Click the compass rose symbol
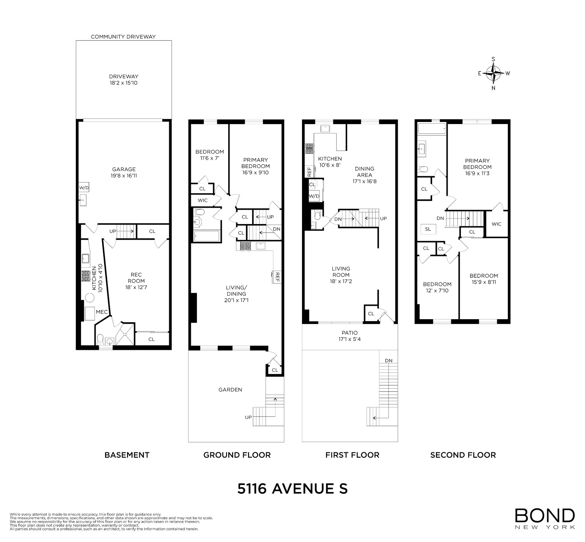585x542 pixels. point(493,73)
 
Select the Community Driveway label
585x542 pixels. point(123,37)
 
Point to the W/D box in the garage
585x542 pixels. point(84,187)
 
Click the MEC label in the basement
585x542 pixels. point(102,312)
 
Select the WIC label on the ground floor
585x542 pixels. point(203,200)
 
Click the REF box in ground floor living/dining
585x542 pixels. point(277,277)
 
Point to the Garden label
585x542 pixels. point(230,390)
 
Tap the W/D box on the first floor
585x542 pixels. point(314,196)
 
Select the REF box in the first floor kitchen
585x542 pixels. point(310,172)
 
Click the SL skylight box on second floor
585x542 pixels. point(428,229)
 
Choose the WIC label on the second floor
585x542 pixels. point(496,224)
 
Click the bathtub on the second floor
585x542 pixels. point(432,129)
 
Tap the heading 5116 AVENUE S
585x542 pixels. point(292,489)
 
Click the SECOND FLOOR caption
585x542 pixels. point(463,455)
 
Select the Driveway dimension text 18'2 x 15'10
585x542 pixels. point(124,83)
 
